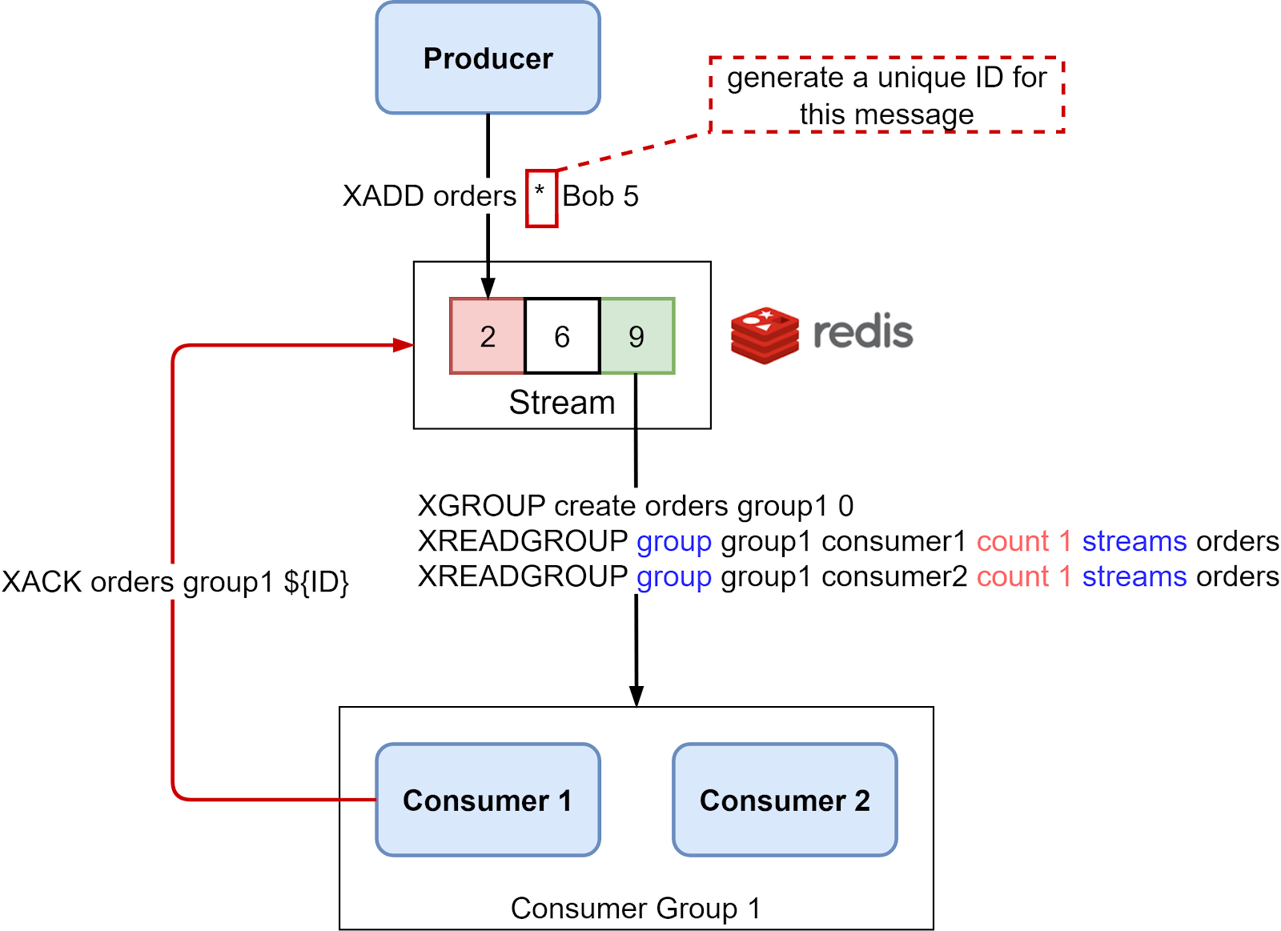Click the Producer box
point(488,58)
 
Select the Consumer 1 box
point(488,800)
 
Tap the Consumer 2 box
point(785,800)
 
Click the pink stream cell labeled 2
point(488,336)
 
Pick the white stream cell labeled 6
point(562,336)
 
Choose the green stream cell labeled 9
point(637,336)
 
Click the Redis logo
point(821,335)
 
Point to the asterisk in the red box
point(540,192)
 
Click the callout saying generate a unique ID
point(886,95)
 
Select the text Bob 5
point(600,196)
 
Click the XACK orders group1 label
point(175,582)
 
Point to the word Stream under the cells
point(562,403)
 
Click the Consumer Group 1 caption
point(636,909)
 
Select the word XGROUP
point(481,506)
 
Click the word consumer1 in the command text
point(894,542)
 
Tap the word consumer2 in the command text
point(894,577)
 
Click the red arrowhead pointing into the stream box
point(404,345)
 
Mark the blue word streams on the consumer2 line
point(1134,577)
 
